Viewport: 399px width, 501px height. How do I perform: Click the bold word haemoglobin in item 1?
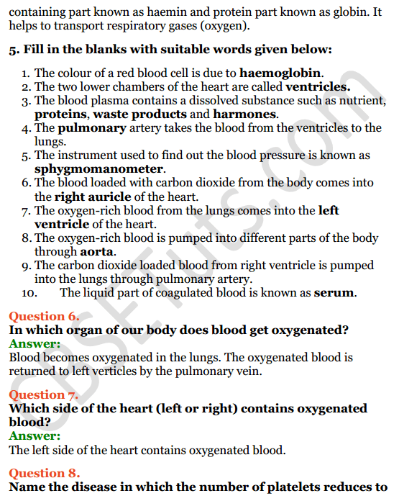[280, 73]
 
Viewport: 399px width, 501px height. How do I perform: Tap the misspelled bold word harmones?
[244, 114]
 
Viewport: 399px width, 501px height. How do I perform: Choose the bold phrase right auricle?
[88, 197]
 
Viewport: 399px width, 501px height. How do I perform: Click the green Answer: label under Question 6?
[35, 343]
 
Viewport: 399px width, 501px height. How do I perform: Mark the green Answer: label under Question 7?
[35, 435]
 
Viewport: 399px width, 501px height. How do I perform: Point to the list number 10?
[28, 293]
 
